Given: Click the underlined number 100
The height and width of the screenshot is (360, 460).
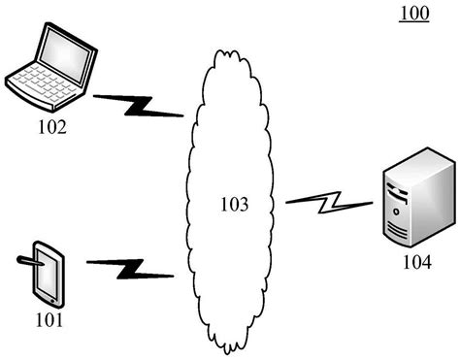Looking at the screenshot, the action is (x=413, y=14).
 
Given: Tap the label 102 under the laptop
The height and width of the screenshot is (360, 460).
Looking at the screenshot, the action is (x=52, y=127).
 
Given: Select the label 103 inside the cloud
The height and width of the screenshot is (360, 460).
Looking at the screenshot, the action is (x=235, y=205).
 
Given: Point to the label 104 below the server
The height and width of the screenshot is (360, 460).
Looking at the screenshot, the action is (x=417, y=262).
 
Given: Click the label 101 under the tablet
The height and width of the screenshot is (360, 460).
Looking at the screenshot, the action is (x=49, y=320).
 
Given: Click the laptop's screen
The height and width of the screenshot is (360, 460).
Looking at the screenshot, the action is (x=65, y=56).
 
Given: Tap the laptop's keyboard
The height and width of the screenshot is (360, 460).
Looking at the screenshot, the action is (x=44, y=82).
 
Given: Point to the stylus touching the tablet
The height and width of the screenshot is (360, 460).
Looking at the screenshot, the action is (x=30, y=261).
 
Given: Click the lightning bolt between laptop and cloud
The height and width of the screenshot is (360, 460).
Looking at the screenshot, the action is (x=139, y=106).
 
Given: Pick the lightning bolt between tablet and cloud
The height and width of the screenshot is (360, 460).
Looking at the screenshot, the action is (x=130, y=269).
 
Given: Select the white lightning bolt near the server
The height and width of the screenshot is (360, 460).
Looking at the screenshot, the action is (x=329, y=202).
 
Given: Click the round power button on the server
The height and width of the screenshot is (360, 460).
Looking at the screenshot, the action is (x=396, y=212).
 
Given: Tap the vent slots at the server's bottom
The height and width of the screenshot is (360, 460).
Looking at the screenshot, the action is (x=397, y=231).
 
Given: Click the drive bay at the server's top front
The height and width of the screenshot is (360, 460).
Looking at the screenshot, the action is (x=397, y=192).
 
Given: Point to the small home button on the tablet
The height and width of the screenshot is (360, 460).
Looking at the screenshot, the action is (x=53, y=302).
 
